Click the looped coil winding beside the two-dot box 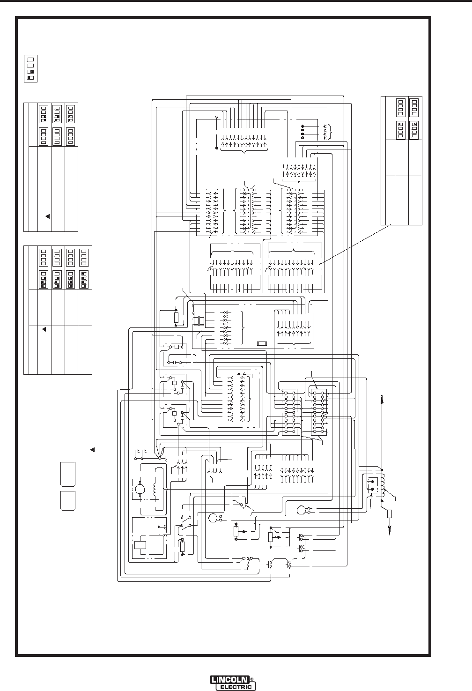coord(383,485)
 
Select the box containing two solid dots coord(373,485)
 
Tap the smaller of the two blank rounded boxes coord(67,500)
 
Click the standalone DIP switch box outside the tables coord(30,68)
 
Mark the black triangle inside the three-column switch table coord(47,216)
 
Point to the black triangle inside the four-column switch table coord(44,330)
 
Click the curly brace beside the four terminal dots coord(331,132)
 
